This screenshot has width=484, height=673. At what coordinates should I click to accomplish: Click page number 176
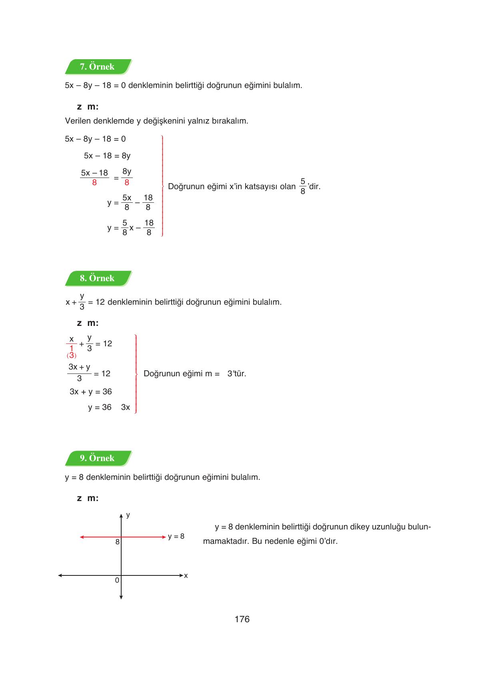[242, 619]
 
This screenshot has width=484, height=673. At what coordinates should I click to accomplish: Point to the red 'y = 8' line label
[176, 537]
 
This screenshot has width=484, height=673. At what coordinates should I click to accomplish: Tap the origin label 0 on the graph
[117, 580]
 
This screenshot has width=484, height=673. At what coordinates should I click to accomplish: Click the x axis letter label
[186, 576]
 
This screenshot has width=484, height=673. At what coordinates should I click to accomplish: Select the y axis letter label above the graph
[128, 515]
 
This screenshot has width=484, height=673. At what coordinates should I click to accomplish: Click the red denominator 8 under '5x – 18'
[94, 183]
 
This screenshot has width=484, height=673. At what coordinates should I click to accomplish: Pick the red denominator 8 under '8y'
[127, 183]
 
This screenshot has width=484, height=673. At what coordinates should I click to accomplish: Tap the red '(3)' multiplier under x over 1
[71, 355]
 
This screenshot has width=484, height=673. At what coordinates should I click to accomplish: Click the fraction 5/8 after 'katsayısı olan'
[302, 186]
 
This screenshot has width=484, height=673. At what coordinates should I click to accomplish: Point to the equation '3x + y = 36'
[91, 392]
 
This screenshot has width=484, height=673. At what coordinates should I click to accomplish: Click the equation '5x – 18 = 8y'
[107, 156]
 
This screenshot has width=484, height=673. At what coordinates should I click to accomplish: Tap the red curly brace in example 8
[136, 374]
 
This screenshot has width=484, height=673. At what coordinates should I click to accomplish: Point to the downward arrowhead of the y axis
[121, 597]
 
